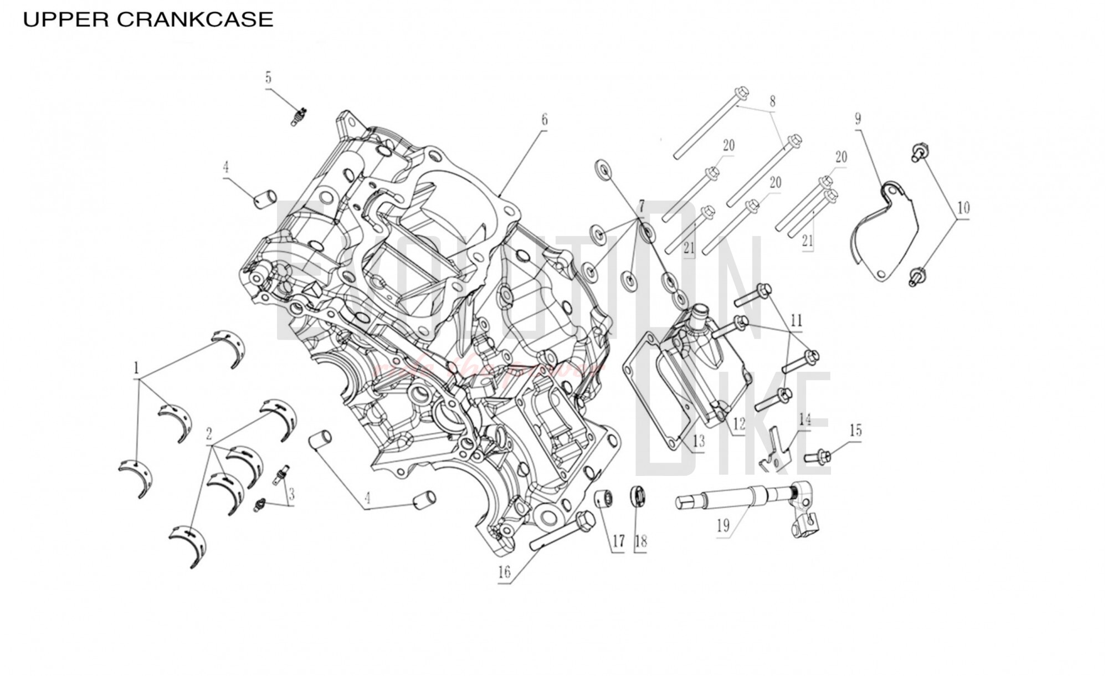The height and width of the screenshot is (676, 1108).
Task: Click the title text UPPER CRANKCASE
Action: click(x=148, y=20)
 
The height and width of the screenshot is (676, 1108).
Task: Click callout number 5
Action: click(x=268, y=78)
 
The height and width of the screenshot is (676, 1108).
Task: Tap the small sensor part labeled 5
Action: click(x=300, y=116)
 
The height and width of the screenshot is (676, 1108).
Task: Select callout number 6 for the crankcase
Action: click(x=545, y=119)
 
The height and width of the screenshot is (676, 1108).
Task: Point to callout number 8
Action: click(x=772, y=101)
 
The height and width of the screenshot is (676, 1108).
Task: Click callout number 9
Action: click(x=858, y=119)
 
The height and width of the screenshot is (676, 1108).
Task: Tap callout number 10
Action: click(x=963, y=208)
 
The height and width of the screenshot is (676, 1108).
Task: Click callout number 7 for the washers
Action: click(x=641, y=207)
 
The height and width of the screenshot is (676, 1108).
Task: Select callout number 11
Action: click(x=796, y=320)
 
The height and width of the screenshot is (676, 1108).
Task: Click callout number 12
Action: click(x=739, y=424)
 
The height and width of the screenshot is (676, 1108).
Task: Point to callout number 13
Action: click(x=699, y=441)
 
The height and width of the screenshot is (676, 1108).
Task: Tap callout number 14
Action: click(x=804, y=419)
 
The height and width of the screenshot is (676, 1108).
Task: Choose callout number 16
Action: click(x=504, y=572)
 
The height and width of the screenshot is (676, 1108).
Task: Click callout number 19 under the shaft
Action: click(x=723, y=525)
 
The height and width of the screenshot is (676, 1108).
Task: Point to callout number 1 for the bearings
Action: click(x=136, y=368)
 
